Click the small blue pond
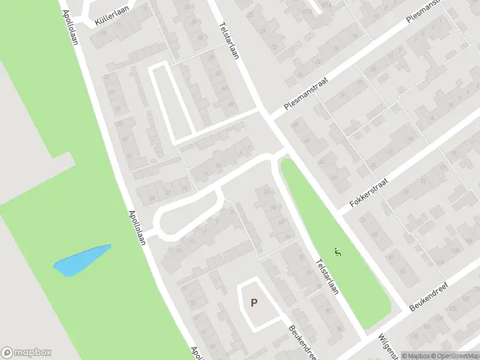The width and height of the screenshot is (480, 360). (81, 261)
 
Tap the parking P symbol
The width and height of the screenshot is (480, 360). (254, 303)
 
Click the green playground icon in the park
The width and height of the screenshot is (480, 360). (337, 253)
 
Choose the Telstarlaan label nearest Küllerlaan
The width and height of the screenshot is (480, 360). (229, 40)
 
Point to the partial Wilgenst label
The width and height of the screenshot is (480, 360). (385, 347)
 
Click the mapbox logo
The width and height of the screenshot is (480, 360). (26, 353)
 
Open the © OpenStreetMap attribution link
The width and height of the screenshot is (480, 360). (454, 356)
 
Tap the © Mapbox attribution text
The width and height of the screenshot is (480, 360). (415, 356)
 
